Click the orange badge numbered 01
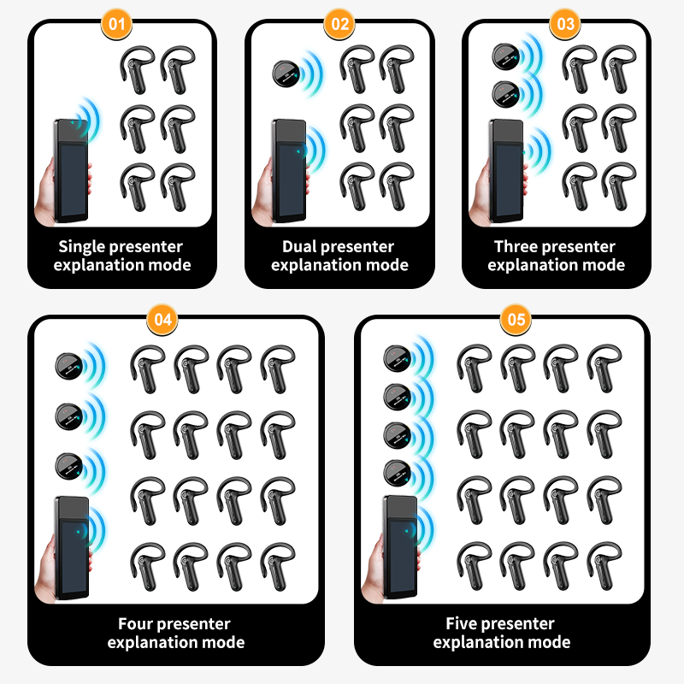116,24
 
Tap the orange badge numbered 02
339,24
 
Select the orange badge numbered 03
565,24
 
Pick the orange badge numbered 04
162,320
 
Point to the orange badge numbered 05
516,320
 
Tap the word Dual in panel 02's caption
299,246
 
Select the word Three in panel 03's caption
516,246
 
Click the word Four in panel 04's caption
137,624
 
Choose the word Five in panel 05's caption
463,623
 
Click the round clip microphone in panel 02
286,74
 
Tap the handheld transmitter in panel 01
71,170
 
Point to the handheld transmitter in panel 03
505,170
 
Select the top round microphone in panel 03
505,56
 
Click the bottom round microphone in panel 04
69,466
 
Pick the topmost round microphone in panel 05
397,358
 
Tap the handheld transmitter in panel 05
400,547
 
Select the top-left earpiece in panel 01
138,70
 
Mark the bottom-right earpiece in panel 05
604,566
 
